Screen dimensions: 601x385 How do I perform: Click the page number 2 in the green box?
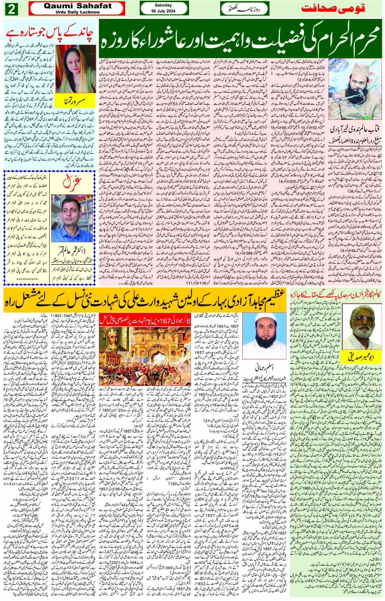[11, 9]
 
